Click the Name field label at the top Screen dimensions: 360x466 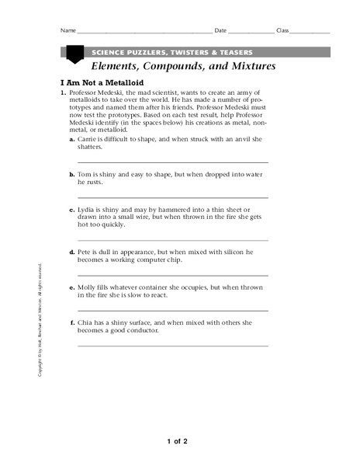click(x=67, y=31)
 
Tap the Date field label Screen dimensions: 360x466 click(x=220, y=31)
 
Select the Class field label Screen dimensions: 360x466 click(x=282, y=31)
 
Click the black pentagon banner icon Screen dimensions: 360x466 click(x=74, y=54)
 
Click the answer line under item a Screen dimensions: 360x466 click(x=173, y=162)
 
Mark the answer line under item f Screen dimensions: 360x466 click(x=173, y=346)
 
